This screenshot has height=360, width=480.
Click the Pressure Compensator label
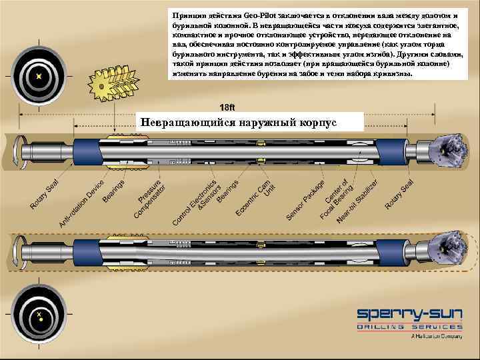(149, 198)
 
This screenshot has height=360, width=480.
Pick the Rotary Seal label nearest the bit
(400, 193)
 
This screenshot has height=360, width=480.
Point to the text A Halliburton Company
(436, 337)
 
